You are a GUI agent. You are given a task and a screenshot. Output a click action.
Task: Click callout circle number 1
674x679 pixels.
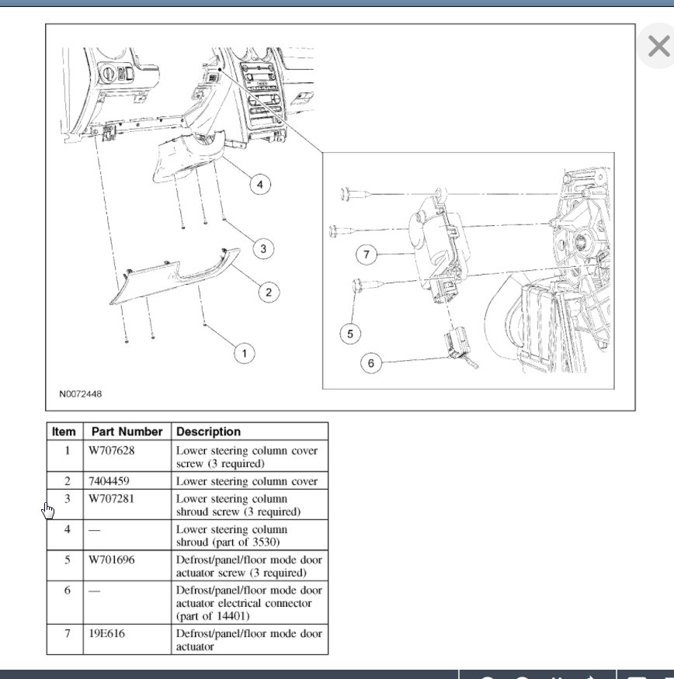pos(245,353)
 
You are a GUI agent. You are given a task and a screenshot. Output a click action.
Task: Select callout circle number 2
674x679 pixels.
pos(269,293)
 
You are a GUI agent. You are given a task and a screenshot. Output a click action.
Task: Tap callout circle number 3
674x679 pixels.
pos(263,249)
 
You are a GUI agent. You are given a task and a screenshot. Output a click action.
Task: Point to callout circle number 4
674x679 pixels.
pos(260,185)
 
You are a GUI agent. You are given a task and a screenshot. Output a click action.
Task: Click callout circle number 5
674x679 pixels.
pos(350,334)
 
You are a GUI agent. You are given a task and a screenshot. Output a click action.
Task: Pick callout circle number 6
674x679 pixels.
pos(371,363)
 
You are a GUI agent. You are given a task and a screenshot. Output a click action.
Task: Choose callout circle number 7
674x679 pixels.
pos(367,255)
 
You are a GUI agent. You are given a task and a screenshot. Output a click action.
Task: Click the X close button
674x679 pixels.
pos(658,46)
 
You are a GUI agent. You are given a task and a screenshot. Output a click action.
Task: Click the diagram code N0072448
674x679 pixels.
pos(81,394)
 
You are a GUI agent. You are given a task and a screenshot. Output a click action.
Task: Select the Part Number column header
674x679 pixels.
pos(127,431)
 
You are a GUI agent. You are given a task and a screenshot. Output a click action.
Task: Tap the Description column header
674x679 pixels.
pos(208,431)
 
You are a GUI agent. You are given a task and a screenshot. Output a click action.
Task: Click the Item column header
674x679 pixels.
pos(64,431)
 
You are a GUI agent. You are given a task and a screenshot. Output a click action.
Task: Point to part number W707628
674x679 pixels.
pos(111,451)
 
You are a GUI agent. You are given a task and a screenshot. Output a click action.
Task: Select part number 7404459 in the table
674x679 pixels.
pos(109,481)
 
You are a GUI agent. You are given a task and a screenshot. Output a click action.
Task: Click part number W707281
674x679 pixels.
pos(111,499)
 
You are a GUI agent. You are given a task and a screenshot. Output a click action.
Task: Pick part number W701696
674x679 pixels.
pos(111,560)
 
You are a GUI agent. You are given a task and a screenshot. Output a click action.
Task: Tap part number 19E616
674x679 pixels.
pos(106,634)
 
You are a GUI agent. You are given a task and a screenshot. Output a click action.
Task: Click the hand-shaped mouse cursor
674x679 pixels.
pos(48,511)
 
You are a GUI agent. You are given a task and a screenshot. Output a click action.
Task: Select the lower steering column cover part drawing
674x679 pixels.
pos(174,277)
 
